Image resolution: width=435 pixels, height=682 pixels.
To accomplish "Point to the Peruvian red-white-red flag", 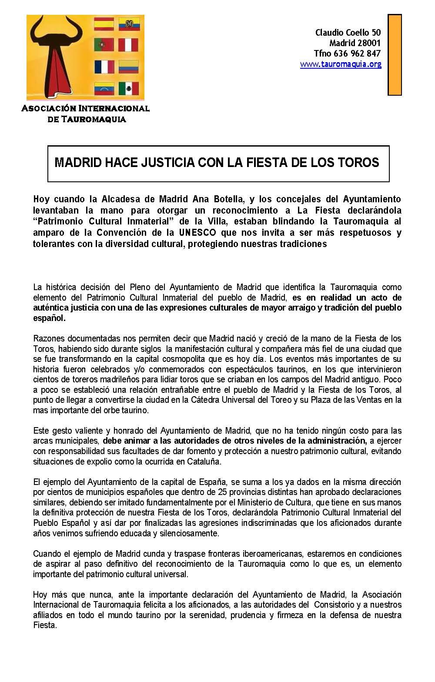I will pos(128,45).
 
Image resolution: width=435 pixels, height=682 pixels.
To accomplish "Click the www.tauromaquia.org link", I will pos(341,64).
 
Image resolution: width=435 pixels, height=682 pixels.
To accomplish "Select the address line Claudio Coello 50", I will pos(348,33).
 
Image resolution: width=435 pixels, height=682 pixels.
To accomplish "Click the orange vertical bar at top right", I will pos(394,54).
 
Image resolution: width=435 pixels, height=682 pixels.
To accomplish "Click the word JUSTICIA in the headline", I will pos(167,163).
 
